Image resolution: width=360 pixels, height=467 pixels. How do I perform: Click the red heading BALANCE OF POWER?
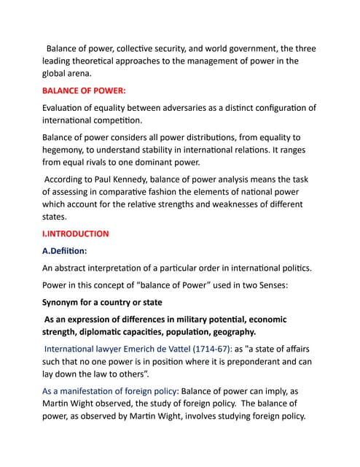84,91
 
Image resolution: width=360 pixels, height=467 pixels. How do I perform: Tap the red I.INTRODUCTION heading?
76,234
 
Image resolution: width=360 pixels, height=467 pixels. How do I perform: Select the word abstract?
77,267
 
